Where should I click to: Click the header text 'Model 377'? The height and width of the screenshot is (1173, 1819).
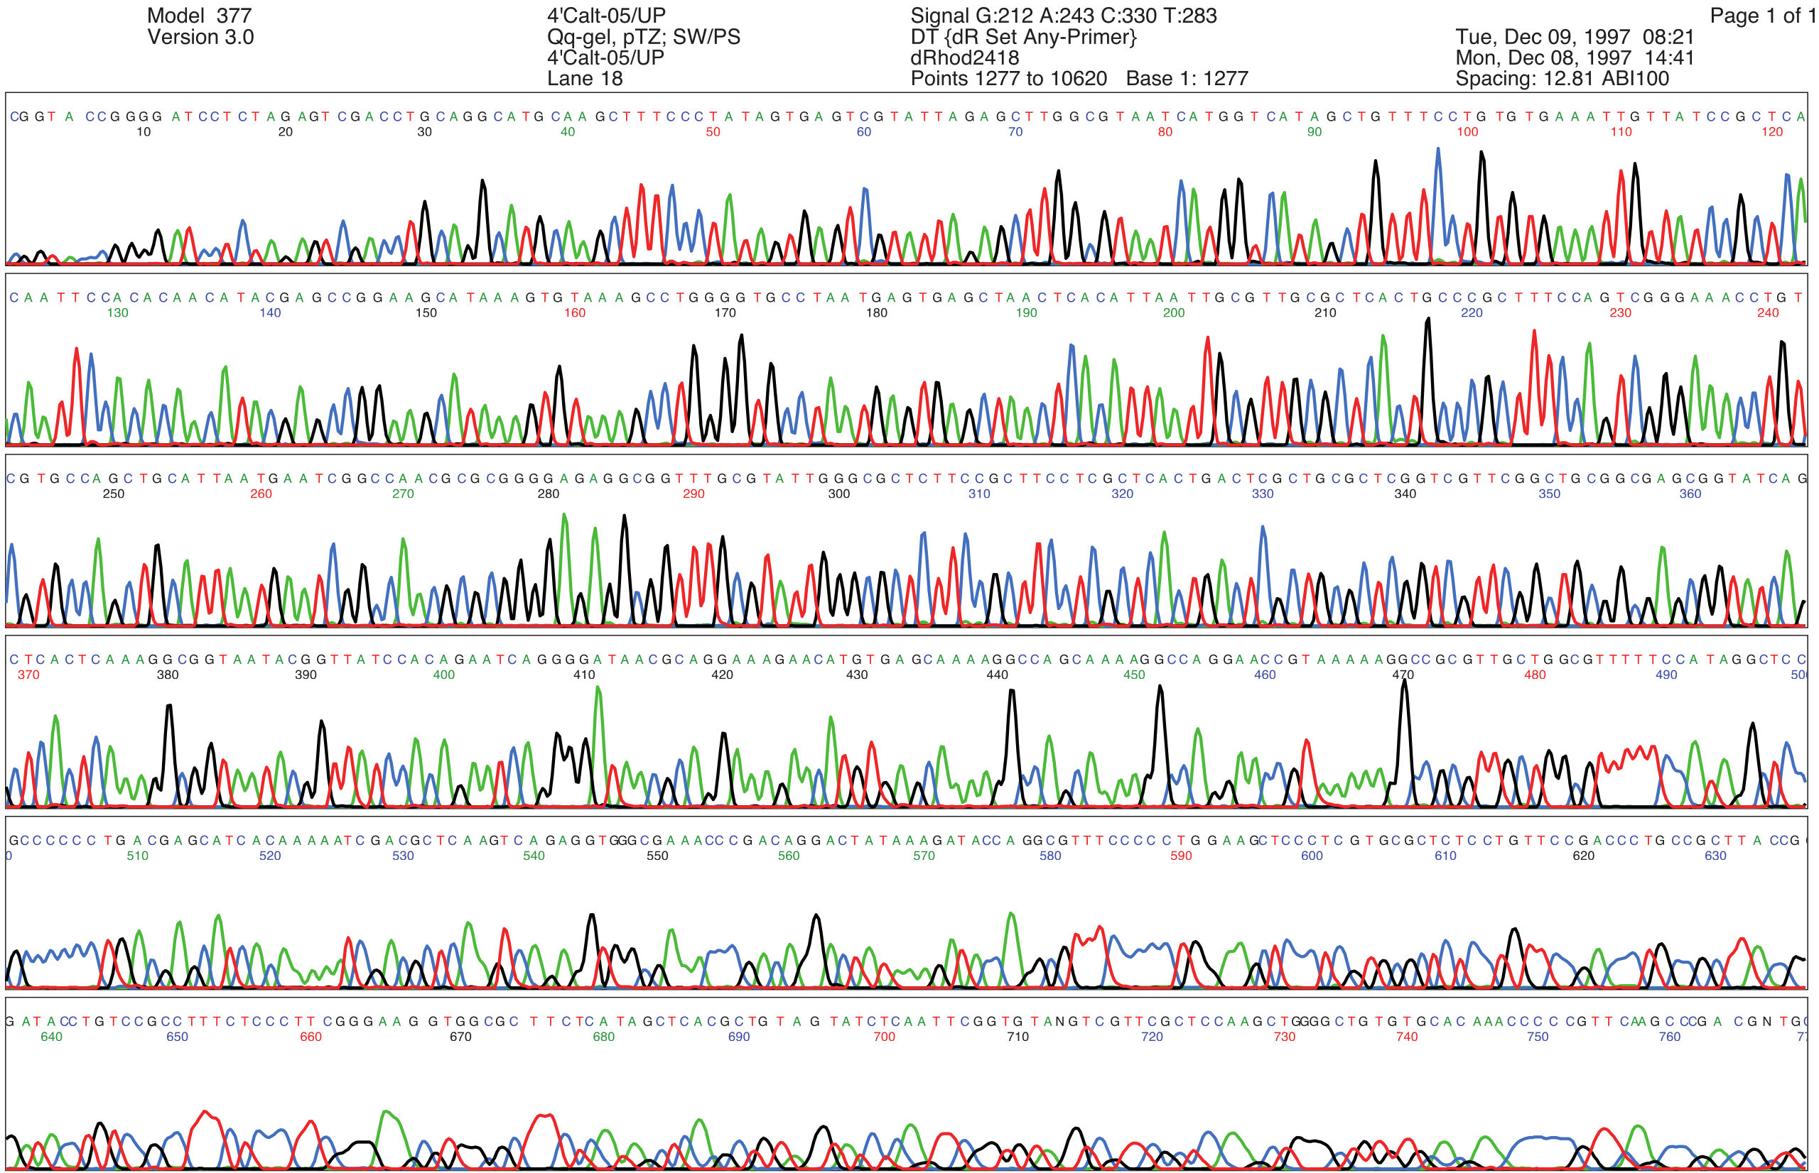click(x=199, y=16)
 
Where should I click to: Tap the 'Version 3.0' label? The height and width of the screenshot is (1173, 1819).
click(x=200, y=38)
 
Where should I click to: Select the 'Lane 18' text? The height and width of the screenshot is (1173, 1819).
click(x=585, y=78)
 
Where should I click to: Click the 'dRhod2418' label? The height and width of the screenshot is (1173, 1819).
click(x=964, y=58)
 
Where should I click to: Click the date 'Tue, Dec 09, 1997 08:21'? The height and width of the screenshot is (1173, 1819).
click(x=1575, y=38)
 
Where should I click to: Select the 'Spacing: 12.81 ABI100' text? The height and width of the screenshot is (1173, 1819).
click(x=1562, y=78)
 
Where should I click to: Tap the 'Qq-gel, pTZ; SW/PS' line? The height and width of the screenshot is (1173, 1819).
click(x=643, y=38)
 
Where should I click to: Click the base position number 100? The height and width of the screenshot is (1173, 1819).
click(x=1467, y=132)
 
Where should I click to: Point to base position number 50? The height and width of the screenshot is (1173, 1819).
click(x=713, y=132)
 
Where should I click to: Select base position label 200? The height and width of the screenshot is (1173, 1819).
click(x=1174, y=313)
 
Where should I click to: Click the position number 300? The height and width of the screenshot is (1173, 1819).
click(x=838, y=493)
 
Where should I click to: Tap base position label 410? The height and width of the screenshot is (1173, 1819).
click(x=584, y=675)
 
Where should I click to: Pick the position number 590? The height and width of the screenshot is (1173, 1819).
click(x=1180, y=856)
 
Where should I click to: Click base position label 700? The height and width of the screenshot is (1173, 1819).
click(x=884, y=1037)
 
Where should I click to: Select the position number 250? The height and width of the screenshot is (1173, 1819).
click(x=114, y=493)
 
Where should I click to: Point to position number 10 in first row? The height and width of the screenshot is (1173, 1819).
click(x=144, y=132)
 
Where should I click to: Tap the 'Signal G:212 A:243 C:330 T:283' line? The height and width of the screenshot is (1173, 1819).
click(x=1063, y=16)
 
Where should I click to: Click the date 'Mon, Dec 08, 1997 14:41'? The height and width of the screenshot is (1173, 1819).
click(x=1575, y=58)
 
